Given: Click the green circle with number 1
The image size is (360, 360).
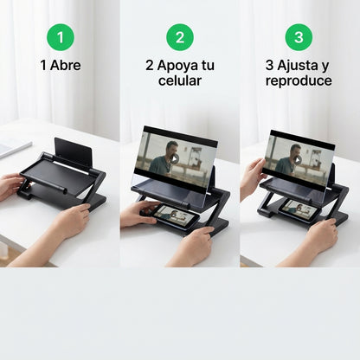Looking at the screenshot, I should pyautogui.click(x=60, y=37).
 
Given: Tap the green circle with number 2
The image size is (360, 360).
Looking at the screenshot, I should pyautogui.click(x=179, y=37).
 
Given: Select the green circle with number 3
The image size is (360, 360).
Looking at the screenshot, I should pyautogui.click(x=299, y=37).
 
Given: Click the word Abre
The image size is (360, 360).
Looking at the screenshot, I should pyautogui.click(x=67, y=65).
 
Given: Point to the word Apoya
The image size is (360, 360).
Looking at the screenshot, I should pyautogui.click(x=178, y=65).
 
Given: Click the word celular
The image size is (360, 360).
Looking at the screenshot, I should pyautogui.click(x=179, y=80).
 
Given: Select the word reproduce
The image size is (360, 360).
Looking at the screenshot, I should pyautogui.click(x=299, y=80).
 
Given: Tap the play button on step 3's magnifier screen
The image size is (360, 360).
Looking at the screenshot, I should pyautogui.click(x=297, y=159).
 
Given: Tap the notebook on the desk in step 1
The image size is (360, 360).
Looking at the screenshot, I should pyautogui.click(x=10, y=146).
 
